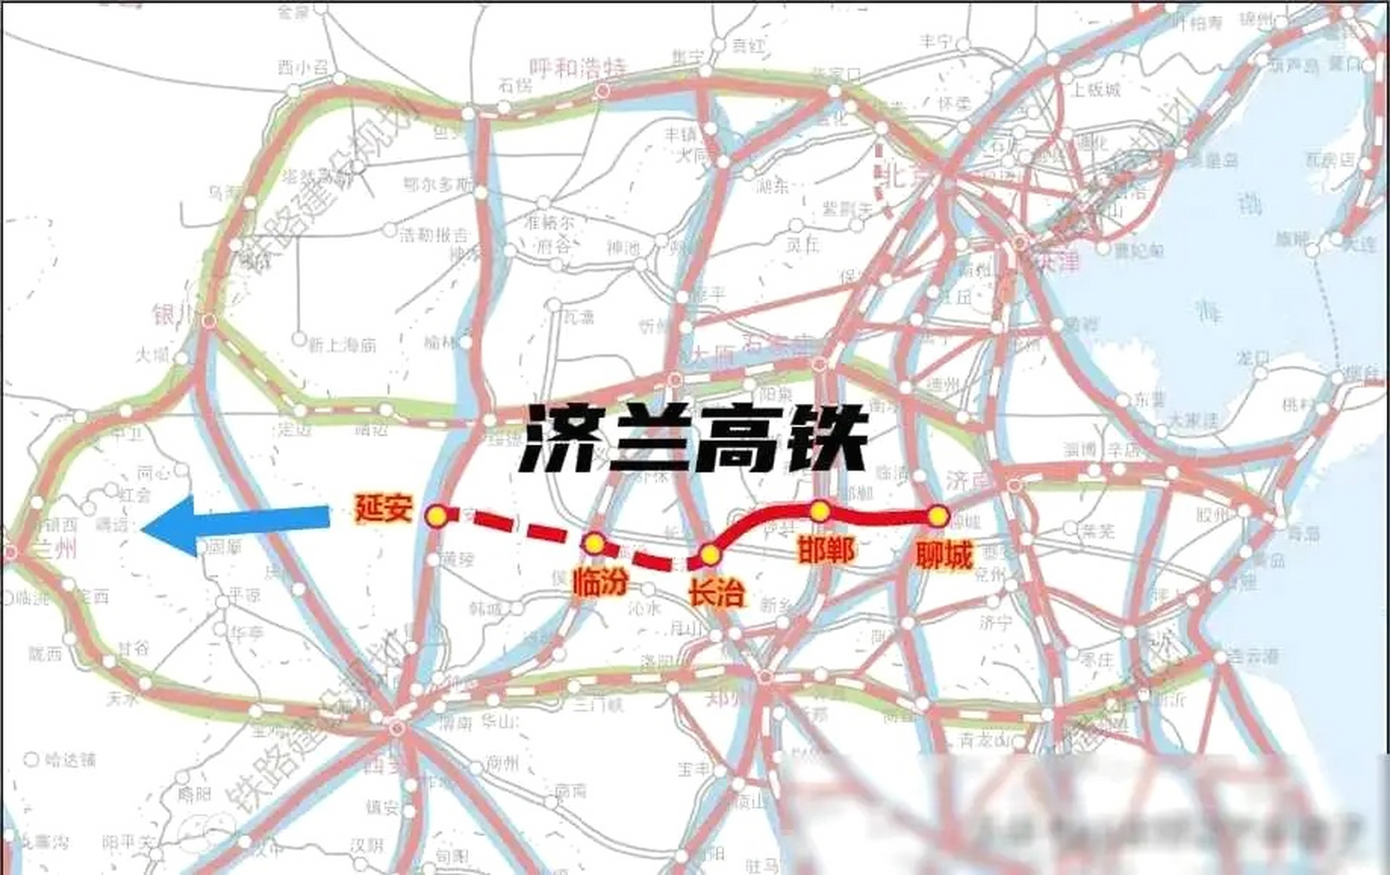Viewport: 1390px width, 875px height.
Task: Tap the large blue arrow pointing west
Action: pos(236,525)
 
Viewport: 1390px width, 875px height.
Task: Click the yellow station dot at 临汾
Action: pos(594,543)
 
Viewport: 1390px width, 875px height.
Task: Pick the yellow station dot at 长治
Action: pos(710,554)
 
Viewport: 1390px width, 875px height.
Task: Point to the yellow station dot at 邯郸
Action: pos(820,511)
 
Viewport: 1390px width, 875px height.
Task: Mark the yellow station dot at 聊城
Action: pos(938,516)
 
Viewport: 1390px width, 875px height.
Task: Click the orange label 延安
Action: pos(384,508)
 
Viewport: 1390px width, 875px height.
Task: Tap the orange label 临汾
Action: pos(600,583)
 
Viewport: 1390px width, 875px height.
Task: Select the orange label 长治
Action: pos(716,592)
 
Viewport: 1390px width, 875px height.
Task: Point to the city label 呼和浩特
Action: pos(578,68)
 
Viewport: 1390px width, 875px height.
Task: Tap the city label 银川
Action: pos(173,316)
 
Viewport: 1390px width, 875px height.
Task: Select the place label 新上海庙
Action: pos(342,345)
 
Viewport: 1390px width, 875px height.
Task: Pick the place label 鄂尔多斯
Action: pos(438,185)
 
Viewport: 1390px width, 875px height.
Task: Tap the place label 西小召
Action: pos(303,67)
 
